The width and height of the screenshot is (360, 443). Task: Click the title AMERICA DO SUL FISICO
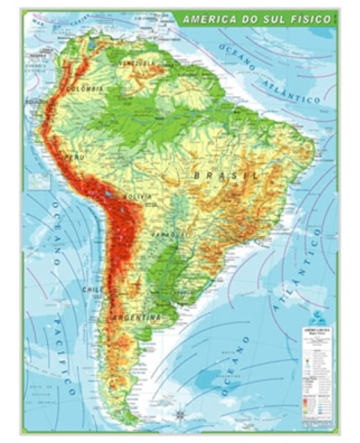(255, 19)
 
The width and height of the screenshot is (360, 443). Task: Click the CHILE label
(93, 289)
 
